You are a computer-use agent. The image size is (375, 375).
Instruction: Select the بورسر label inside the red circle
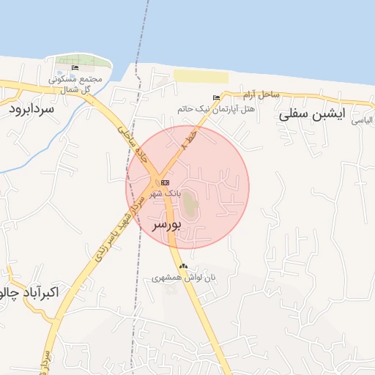166,226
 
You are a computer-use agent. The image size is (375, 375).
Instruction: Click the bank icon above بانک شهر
166,182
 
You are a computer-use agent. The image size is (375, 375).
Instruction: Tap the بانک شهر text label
164,193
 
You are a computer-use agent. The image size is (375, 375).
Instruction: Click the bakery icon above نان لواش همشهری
183,267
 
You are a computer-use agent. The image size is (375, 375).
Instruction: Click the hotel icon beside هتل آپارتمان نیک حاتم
215,97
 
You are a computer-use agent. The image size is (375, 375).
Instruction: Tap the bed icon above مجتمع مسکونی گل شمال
75,68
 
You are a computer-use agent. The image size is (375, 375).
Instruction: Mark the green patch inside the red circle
190,204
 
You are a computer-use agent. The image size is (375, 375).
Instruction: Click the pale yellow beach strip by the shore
201,76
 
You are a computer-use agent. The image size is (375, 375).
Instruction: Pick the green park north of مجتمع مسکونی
83,60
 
